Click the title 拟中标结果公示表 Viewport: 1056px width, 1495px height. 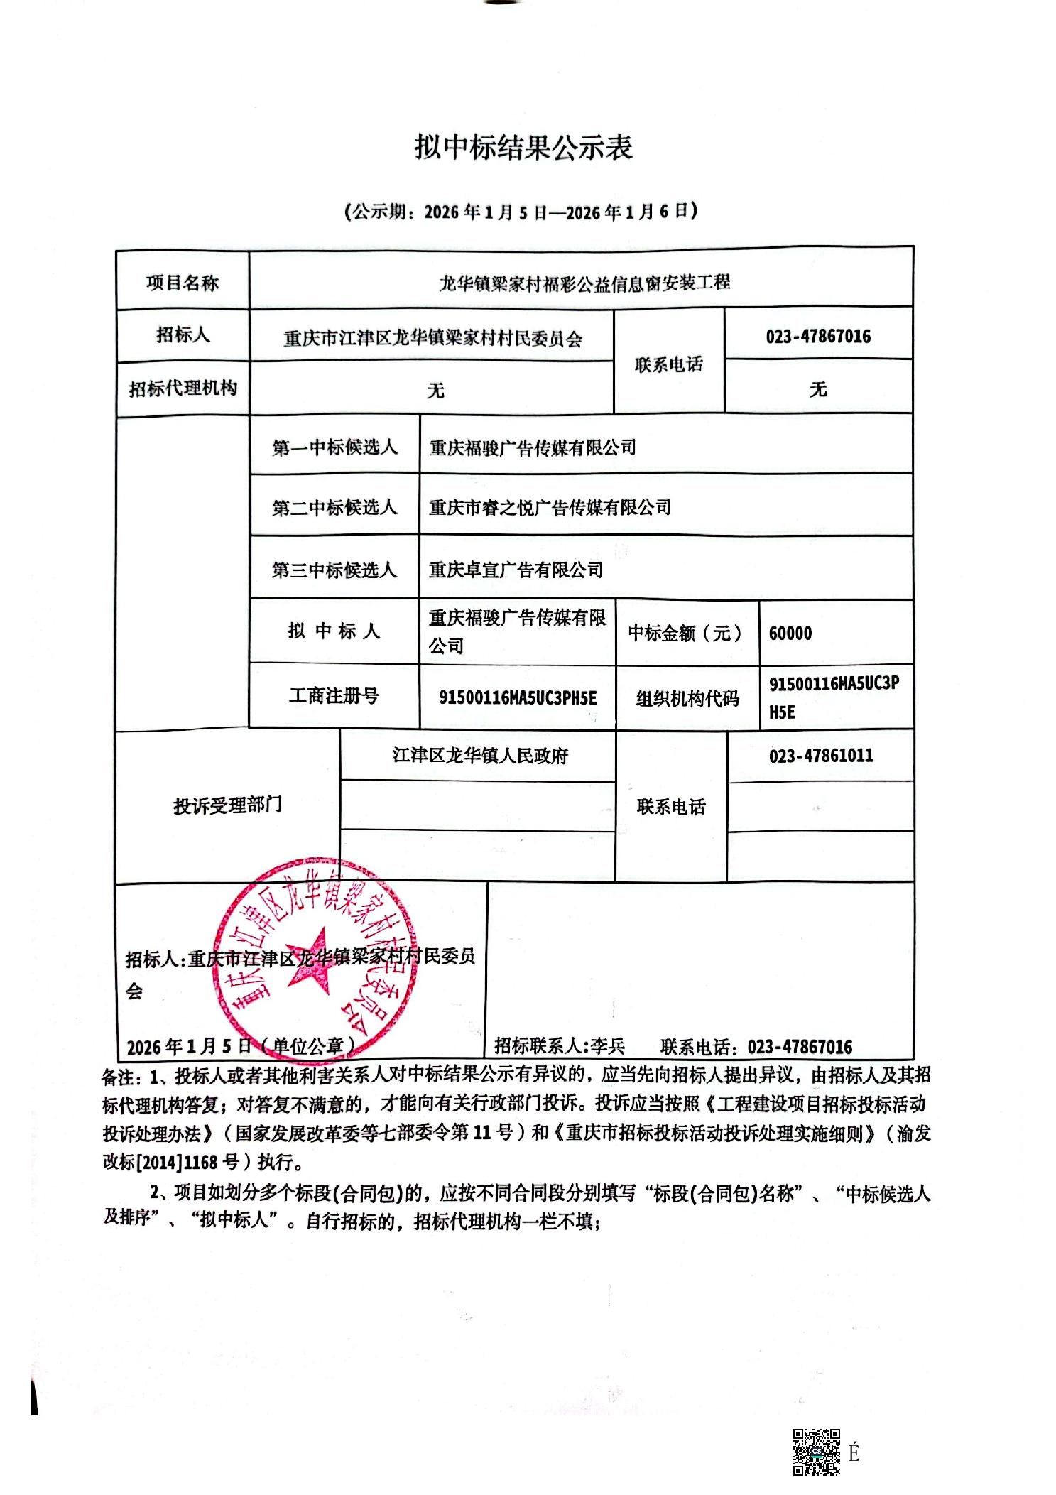(523, 148)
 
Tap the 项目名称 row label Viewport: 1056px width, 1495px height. (183, 283)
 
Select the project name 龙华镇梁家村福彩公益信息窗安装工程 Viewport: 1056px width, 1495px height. (584, 283)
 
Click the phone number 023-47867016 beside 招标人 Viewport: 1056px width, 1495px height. (818, 336)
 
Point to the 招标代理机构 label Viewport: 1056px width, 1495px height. (183, 388)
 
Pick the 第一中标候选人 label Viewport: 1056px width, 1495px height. (334, 447)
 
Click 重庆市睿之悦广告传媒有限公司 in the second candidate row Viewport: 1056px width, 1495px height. (550, 507)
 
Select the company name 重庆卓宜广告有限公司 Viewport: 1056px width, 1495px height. (516, 570)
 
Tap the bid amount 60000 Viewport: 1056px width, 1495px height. (790, 633)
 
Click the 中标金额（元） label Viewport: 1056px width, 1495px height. (685, 633)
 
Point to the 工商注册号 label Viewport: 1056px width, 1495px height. (334, 696)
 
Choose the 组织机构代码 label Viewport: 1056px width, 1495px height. (687, 699)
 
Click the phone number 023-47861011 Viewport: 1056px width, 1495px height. (821, 756)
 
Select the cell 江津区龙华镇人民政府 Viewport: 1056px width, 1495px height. (480, 756)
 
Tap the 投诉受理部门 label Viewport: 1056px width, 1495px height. (227, 805)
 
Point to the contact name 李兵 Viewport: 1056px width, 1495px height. (608, 1046)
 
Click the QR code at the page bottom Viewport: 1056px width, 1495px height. (817, 1452)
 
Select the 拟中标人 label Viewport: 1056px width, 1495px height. (334, 631)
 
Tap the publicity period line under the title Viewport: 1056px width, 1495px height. (521, 212)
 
